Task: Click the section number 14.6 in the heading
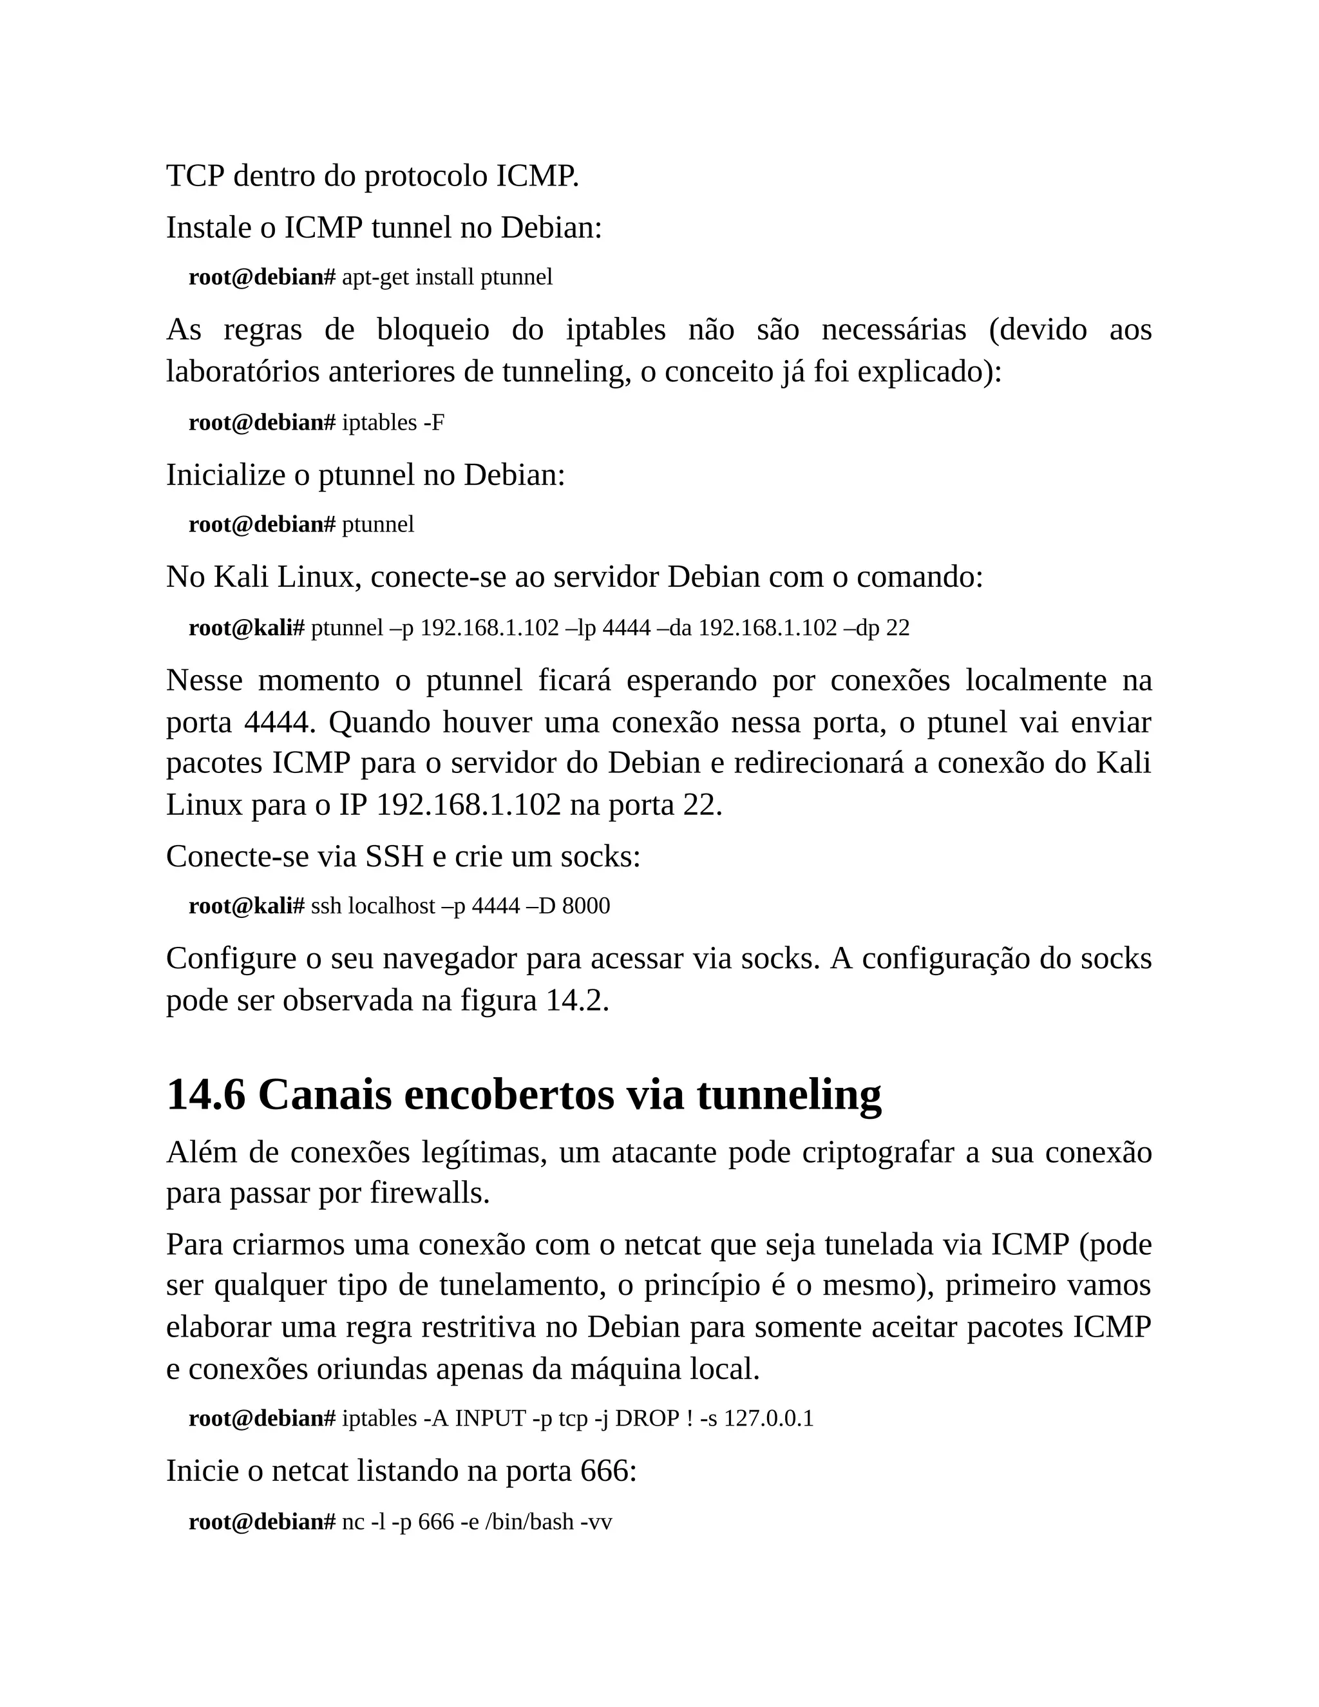click(x=205, y=1095)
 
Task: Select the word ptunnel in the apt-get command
click(x=516, y=278)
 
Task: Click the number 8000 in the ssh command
click(x=586, y=906)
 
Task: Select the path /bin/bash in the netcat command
click(x=530, y=1521)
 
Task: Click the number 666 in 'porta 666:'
click(x=605, y=1471)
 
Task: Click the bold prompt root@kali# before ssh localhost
click(x=246, y=906)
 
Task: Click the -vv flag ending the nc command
click(x=596, y=1521)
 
